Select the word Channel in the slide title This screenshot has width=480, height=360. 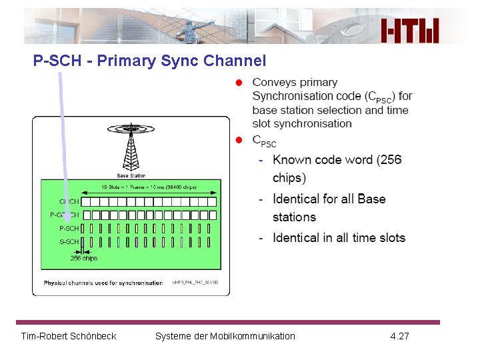[x=235, y=61]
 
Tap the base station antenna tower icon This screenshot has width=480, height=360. [x=131, y=149]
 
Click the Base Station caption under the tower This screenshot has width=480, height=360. [x=131, y=175]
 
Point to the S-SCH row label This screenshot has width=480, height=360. [x=69, y=242]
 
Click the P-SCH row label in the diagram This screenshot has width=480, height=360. [x=69, y=229]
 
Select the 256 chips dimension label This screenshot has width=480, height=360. [x=84, y=259]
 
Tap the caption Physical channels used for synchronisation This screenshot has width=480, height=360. [x=103, y=283]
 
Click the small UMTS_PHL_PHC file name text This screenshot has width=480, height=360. [x=195, y=283]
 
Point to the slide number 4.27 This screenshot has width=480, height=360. [x=399, y=336]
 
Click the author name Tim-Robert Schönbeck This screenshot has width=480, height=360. [x=69, y=336]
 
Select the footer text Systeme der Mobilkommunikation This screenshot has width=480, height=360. [x=225, y=336]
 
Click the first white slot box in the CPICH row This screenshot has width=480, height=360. [x=86, y=201]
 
